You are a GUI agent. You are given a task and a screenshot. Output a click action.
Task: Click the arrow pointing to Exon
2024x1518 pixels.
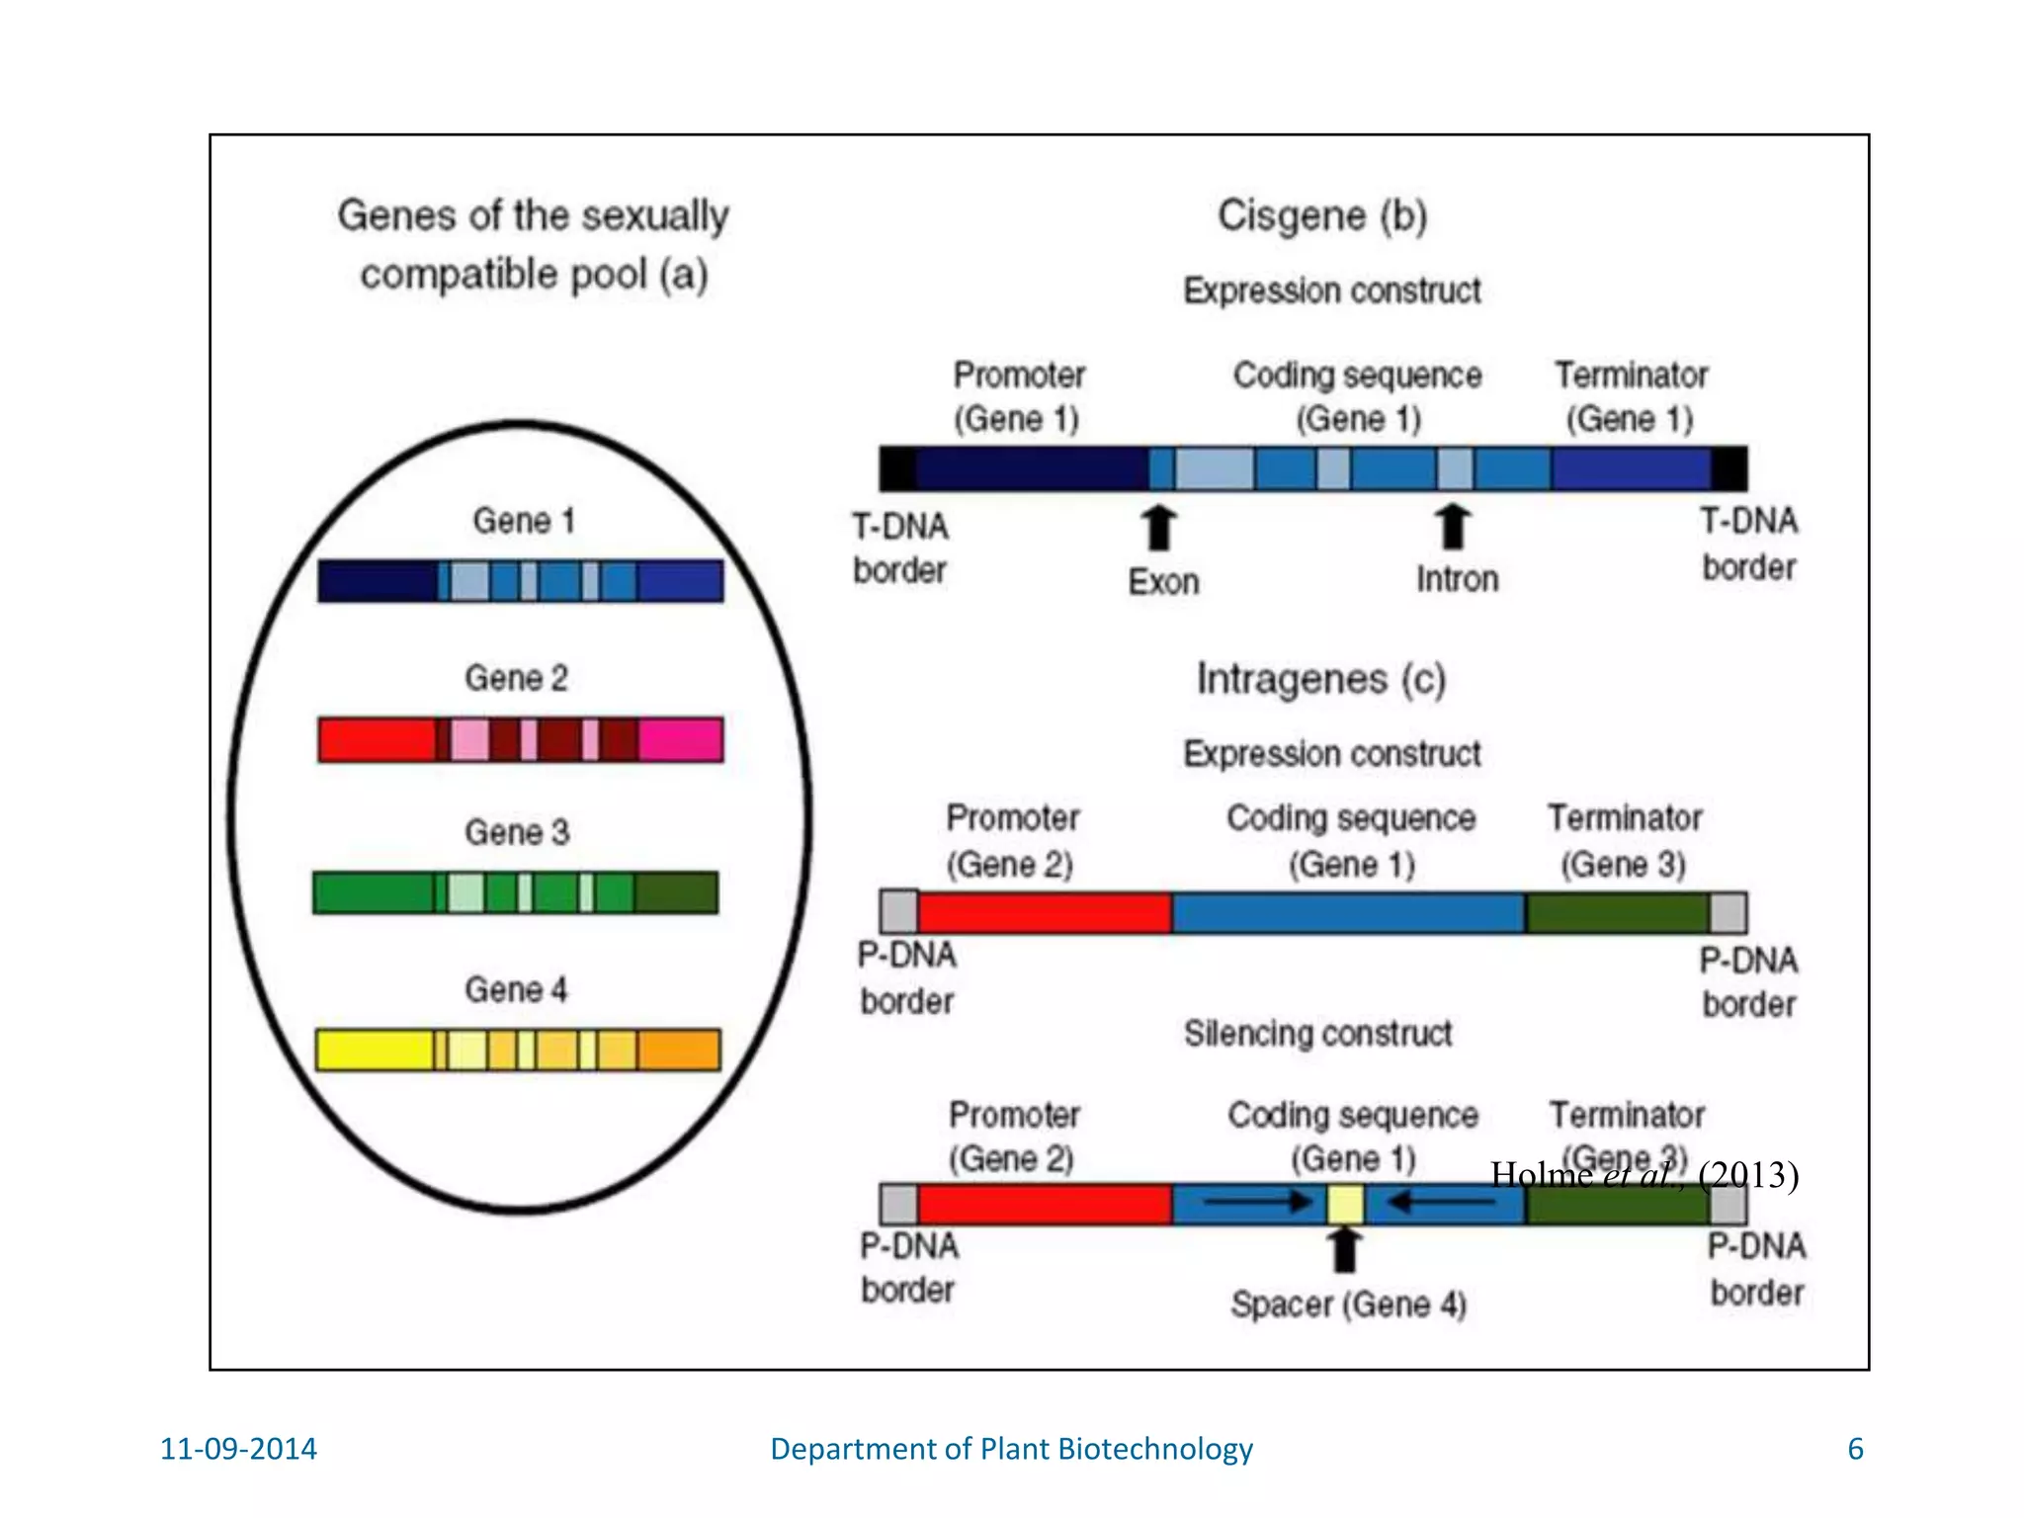click(1159, 527)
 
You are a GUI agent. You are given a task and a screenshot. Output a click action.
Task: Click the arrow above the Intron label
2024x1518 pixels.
click(1452, 526)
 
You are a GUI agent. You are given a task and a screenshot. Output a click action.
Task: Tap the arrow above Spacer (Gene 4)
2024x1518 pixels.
click(1344, 1250)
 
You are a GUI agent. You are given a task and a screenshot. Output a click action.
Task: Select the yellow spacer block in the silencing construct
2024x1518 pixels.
click(1345, 1205)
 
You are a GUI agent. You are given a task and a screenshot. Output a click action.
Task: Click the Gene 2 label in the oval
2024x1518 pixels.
click(516, 678)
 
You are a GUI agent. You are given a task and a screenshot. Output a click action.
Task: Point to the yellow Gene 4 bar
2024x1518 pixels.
click(518, 1050)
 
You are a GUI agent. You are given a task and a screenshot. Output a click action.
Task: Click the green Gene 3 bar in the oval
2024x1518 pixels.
click(515, 892)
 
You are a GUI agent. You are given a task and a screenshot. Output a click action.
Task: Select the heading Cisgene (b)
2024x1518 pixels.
click(1321, 215)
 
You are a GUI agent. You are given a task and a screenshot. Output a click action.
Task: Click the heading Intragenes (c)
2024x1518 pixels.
click(1320, 679)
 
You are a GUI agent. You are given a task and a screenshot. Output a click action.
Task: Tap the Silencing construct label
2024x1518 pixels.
click(1317, 1034)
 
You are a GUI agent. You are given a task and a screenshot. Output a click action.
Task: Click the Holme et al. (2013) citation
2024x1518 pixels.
click(1644, 1174)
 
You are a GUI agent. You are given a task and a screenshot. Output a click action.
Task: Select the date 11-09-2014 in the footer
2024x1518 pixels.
click(238, 1449)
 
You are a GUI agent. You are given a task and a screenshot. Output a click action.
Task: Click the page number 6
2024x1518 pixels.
click(1855, 1449)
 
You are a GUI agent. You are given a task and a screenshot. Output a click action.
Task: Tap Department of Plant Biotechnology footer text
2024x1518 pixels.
click(1011, 1449)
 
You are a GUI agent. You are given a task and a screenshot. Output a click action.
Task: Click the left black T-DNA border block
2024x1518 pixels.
click(897, 468)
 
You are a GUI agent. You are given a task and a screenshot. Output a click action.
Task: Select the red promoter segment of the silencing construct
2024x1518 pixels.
click(1044, 1205)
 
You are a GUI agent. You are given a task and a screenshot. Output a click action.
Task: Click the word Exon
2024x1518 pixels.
click(1163, 582)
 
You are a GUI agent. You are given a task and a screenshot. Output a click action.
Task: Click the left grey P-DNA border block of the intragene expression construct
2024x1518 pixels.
click(898, 912)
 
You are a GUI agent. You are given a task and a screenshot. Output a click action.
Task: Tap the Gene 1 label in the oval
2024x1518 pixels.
click(523, 521)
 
